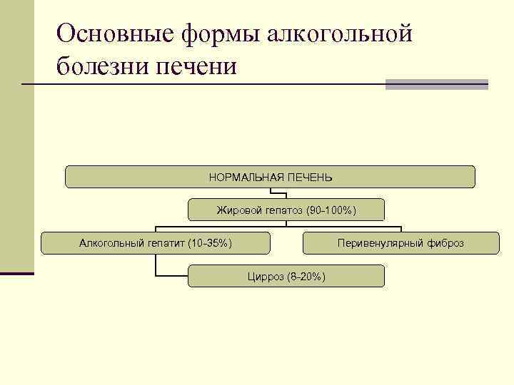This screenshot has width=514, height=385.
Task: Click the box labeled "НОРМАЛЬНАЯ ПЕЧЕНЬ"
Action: [270, 177]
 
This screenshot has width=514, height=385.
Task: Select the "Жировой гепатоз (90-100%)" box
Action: [286, 210]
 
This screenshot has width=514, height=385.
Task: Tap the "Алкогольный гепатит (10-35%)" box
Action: [156, 243]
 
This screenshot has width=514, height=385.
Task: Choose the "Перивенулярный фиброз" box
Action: [400, 243]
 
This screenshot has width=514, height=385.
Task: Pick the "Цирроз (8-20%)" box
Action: [286, 276]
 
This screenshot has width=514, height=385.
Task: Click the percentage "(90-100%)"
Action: [331, 210]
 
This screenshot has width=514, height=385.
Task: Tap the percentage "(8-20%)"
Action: [306, 276]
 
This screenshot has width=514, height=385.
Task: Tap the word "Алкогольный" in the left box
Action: [110, 243]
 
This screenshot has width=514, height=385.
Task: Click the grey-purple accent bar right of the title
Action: [437, 84]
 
